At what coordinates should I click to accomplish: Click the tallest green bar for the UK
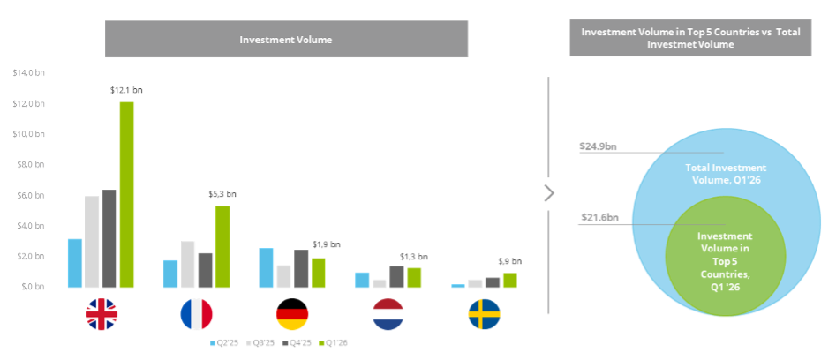click(x=128, y=194)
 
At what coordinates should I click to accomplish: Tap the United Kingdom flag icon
click(x=102, y=315)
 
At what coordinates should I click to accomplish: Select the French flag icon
click(x=197, y=315)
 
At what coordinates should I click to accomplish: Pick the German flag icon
click(x=291, y=315)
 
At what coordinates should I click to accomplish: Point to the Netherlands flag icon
click(x=388, y=315)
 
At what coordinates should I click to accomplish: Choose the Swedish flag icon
click(x=484, y=315)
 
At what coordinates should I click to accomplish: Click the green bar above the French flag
click(x=222, y=246)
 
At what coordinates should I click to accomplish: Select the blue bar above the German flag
click(x=266, y=267)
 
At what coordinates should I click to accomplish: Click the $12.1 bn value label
click(x=126, y=90)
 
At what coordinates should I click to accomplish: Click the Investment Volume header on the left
click(x=286, y=39)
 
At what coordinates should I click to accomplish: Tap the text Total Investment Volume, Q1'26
click(x=726, y=173)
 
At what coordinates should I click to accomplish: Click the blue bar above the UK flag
click(x=75, y=263)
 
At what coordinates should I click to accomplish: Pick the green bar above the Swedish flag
click(x=509, y=280)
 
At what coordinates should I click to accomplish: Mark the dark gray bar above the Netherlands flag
click(x=396, y=277)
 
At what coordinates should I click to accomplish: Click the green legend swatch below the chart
click(x=320, y=343)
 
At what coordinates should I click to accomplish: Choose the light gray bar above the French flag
click(x=188, y=264)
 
